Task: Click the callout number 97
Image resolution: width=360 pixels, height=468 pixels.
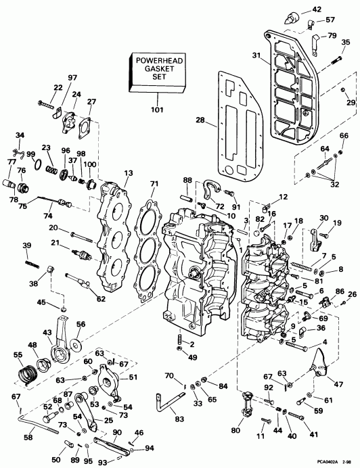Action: point(72,78)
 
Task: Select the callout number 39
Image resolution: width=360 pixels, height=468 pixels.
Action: point(26,245)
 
